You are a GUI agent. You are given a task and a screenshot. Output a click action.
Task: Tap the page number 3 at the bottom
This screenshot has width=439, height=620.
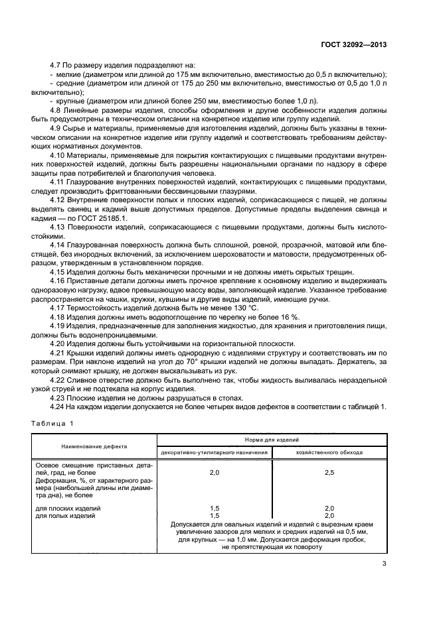pyautogui.click(x=384, y=564)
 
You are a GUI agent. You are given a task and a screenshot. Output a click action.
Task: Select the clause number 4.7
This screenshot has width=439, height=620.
pyautogui.click(x=58, y=66)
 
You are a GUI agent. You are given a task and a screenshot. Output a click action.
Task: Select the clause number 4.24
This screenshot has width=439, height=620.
pyautogui.click(x=60, y=406)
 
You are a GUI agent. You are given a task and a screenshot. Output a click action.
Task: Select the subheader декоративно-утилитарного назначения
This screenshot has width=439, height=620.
pyautogui.click(x=214, y=452)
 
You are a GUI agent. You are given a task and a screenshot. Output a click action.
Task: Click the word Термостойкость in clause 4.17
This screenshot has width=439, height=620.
pyautogui.click(x=102, y=308)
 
